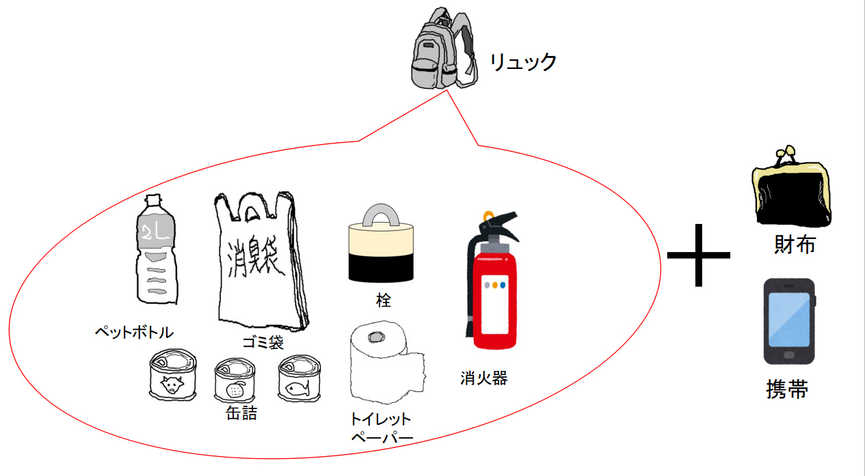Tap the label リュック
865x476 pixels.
(523, 62)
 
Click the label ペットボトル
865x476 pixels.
(134, 333)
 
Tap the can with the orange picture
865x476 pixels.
(235, 382)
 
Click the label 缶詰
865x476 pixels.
(241, 413)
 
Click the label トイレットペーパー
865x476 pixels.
(381, 428)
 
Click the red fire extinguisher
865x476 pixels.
(493, 287)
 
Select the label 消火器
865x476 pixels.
(484, 378)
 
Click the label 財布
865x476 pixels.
(795, 244)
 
